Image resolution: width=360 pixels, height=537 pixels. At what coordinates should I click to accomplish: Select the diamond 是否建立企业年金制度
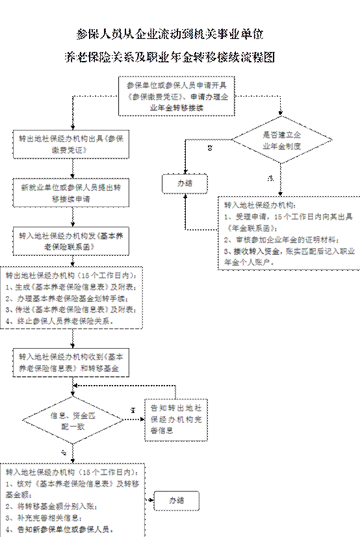[281, 140]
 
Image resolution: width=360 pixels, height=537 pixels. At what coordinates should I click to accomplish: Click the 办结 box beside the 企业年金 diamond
[184, 183]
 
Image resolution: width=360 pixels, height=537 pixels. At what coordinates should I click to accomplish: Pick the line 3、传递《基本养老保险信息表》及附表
[70, 309]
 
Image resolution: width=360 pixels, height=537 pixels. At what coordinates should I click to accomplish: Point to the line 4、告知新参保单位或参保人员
[55, 529]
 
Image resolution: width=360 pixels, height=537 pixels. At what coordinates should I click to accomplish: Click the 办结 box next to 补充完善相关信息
[177, 500]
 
